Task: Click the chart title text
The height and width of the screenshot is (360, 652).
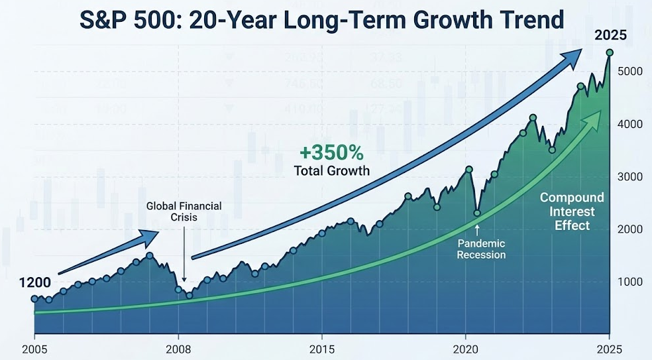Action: (321, 21)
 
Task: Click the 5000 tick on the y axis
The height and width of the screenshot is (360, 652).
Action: (630, 71)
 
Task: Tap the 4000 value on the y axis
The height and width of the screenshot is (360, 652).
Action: (630, 124)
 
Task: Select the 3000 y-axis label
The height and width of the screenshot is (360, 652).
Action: (630, 176)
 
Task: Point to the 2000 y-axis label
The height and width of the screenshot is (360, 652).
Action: (630, 229)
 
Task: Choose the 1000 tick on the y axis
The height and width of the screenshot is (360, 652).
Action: (630, 282)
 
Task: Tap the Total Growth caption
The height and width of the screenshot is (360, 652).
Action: (331, 171)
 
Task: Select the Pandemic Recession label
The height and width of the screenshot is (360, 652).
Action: (482, 249)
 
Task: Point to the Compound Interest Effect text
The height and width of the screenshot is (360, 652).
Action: (571, 211)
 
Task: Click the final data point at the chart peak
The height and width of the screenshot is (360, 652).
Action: (610, 52)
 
